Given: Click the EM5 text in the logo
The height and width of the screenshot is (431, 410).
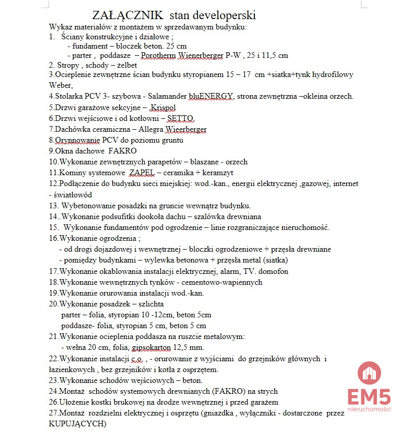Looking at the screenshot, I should pos(369,396).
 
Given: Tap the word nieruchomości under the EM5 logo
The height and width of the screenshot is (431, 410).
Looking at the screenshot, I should pos(369,409).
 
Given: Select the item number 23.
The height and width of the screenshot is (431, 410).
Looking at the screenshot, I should pos(54,380).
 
